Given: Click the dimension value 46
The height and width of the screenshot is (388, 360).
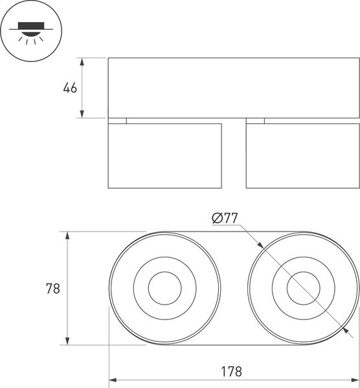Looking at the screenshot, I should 70,88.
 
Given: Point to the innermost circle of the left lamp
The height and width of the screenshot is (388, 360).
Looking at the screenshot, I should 164,288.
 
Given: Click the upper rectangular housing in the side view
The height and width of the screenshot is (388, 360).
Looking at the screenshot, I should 233,88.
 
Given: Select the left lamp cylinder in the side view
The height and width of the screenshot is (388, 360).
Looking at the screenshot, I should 164,155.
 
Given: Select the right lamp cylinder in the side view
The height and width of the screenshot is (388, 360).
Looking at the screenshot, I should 302,155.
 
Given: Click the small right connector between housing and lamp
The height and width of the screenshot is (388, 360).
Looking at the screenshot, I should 255,120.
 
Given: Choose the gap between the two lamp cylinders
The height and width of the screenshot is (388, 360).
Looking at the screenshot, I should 234,155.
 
